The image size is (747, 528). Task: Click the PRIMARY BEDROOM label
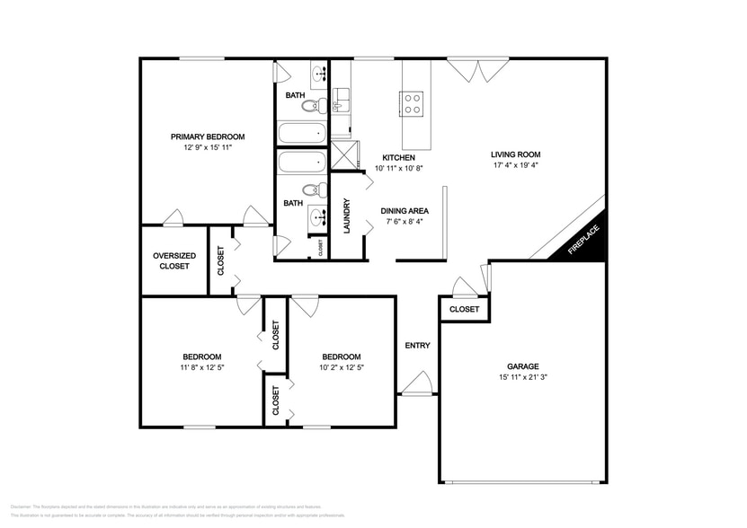[208, 136]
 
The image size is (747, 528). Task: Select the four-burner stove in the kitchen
[412, 103]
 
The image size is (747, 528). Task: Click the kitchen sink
[342, 96]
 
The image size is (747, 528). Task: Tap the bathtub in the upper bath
[302, 135]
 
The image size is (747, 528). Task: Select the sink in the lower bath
[316, 216]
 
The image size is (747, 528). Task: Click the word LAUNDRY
[346, 216]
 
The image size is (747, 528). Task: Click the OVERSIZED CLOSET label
[174, 260]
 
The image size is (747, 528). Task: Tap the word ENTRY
[417, 346]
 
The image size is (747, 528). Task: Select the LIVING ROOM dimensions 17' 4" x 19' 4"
[516, 165]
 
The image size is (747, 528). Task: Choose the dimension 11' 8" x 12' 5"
[202, 367]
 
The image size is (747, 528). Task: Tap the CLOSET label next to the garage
[464, 309]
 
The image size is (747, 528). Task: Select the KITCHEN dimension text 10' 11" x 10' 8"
[397, 168]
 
